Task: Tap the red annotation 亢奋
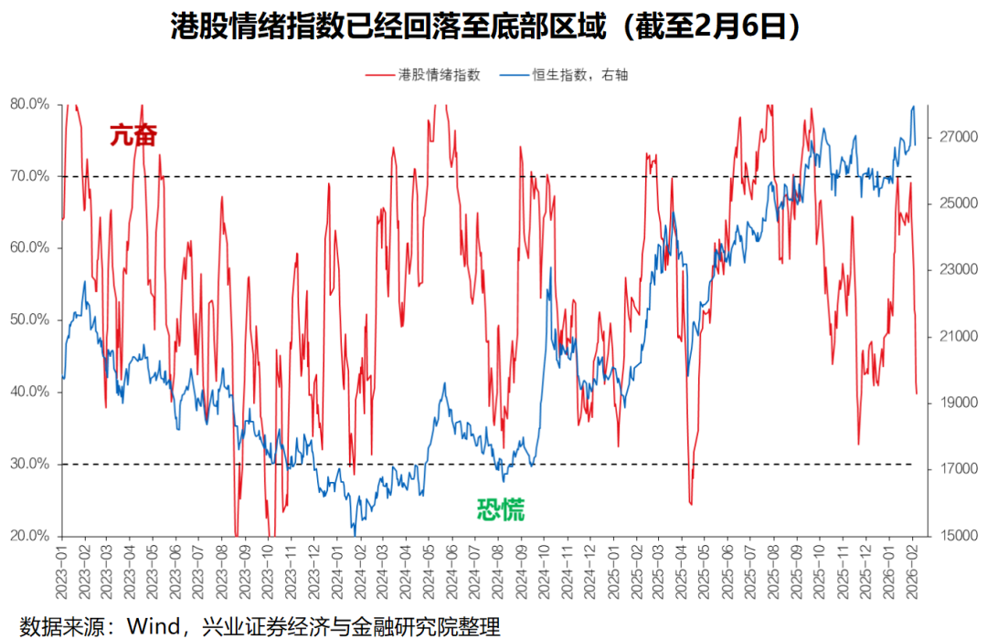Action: pyautogui.click(x=133, y=135)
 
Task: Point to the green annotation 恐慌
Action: pyautogui.click(x=501, y=509)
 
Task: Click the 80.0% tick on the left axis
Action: pyautogui.click(x=29, y=104)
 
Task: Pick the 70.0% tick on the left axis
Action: pyautogui.click(x=29, y=176)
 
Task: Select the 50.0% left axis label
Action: pyautogui.click(x=29, y=319)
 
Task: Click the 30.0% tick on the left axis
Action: pyautogui.click(x=29, y=464)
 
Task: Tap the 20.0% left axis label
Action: pyautogui.click(x=29, y=536)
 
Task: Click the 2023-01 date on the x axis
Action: pyautogui.click(x=63, y=566)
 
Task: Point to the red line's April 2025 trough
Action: pyautogui.click(x=691, y=504)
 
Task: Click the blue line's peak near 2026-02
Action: pyautogui.click(x=913, y=107)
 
